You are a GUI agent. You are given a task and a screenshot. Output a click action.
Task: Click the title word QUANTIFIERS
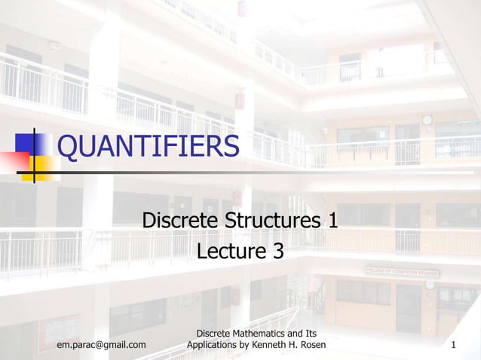148,147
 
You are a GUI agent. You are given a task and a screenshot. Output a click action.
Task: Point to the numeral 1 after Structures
332,221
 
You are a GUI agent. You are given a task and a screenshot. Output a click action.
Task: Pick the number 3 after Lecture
278,250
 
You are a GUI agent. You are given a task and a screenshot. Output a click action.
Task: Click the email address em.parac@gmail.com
102,345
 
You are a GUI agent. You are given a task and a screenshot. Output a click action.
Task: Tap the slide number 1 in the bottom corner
453,345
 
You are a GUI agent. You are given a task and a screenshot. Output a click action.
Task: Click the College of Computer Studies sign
402,270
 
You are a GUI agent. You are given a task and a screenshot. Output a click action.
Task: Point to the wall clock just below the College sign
429,285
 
